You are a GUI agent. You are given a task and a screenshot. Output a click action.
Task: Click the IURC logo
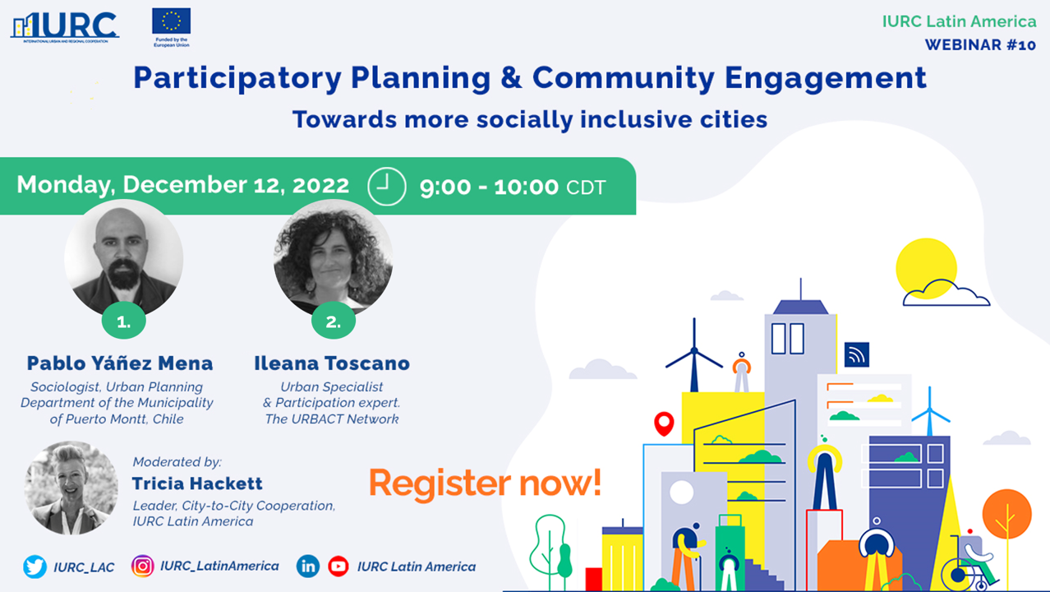pyautogui.click(x=65, y=27)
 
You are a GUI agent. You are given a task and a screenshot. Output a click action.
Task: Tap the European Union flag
pyautogui.click(x=171, y=21)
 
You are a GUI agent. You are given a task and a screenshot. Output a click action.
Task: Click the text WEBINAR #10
pyautogui.click(x=980, y=45)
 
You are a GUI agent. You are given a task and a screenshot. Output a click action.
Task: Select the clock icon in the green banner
pyautogui.click(x=386, y=187)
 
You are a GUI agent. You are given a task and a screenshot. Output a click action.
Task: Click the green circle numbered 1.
pyautogui.click(x=124, y=321)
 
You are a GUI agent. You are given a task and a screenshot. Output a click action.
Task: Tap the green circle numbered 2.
pyautogui.click(x=334, y=321)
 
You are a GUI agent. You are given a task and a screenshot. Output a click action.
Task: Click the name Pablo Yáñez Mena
pyautogui.click(x=120, y=363)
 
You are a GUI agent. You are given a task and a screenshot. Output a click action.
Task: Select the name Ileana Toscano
pyautogui.click(x=332, y=363)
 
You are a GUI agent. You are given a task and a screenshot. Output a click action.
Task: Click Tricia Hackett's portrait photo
pyautogui.click(x=71, y=488)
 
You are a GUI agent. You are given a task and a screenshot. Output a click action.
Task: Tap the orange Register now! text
pyautogui.click(x=486, y=483)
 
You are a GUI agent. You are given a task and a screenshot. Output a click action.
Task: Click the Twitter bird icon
pyautogui.click(x=35, y=567)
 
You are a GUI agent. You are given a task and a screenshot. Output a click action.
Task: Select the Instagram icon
pyautogui.click(x=142, y=567)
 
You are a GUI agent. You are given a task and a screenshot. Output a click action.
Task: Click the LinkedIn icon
pyautogui.click(x=308, y=567)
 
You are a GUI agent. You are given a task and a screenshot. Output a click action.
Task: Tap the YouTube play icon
pyautogui.click(x=338, y=567)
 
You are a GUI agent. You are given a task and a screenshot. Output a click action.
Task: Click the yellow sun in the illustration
pyautogui.click(x=926, y=268)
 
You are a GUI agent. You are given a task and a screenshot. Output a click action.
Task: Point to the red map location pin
pyautogui.click(x=664, y=423)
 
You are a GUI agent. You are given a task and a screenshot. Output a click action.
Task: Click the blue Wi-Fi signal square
pyautogui.click(x=856, y=354)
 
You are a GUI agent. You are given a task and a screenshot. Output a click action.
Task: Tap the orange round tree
pyautogui.click(x=1007, y=514)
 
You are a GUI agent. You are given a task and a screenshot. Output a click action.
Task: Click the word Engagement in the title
pyautogui.click(x=826, y=78)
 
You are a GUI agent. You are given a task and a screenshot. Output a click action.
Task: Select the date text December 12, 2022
pyautogui.click(x=236, y=185)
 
